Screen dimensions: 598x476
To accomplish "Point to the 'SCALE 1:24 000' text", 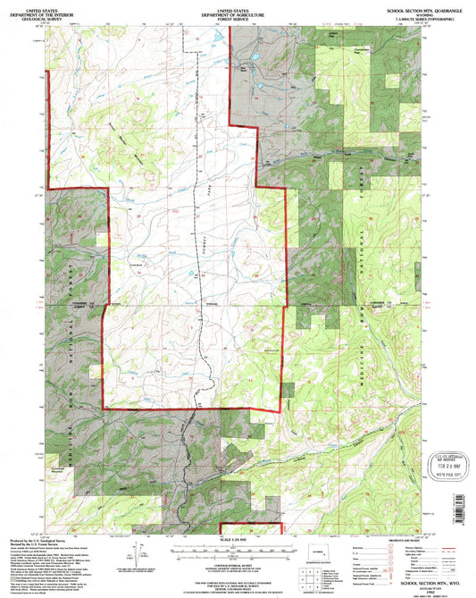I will [x=238, y=539].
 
